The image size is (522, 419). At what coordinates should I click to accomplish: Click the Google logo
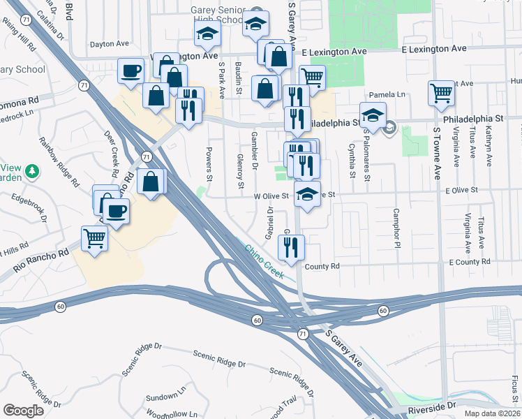point(24,411)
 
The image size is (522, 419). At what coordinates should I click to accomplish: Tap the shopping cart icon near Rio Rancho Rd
point(95,238)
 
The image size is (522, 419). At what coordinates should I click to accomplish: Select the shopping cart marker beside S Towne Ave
point(442,93)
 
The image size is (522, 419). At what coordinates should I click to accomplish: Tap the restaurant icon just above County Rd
point(291,246)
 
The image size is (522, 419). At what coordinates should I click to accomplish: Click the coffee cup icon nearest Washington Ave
point(131,71)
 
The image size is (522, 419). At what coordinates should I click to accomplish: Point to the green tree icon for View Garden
point(31,170)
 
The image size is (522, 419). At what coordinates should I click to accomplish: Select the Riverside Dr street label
point(451,405)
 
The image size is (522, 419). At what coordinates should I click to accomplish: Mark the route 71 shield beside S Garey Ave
point(302,335)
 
